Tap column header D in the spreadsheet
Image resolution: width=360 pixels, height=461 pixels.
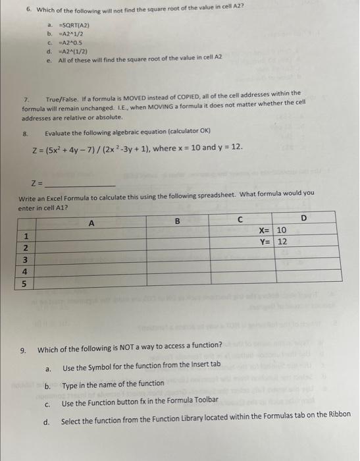303,218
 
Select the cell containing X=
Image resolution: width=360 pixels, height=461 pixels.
264,230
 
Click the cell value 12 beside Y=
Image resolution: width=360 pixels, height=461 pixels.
282,242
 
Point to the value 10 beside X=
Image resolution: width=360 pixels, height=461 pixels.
282,230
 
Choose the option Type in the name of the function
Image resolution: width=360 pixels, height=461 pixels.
104,383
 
